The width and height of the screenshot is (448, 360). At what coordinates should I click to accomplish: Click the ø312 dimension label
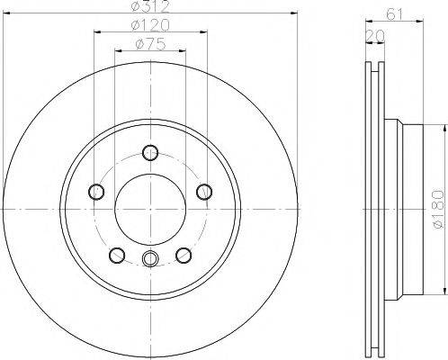[x=150, y=6]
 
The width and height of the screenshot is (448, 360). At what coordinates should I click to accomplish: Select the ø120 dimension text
[x=150, y=25]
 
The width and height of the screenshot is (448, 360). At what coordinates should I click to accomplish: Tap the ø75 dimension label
[x=150, y=44]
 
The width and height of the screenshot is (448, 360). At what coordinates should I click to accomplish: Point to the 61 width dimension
[x=394, y=14]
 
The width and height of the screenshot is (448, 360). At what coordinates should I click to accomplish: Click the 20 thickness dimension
[x=375, y=36]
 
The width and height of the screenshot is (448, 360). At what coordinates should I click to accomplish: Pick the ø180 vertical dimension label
[x=438, y=209]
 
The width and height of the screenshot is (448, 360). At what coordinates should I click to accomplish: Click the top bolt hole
[x=150, y=152]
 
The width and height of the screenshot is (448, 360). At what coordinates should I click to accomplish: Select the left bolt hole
[x=96, y=192]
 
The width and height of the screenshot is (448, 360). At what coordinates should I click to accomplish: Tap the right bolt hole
[x=204, y=192]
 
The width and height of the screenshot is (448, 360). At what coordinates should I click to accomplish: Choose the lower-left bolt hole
[x=117, y=256]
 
